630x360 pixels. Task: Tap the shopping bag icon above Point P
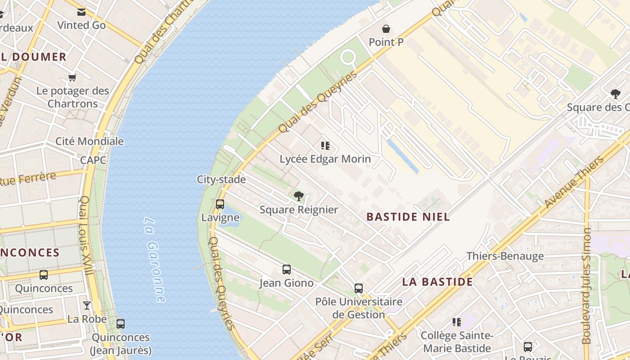386,29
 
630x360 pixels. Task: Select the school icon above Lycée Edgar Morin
325,146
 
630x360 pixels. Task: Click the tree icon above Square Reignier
298,196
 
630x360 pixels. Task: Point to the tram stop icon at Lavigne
220,204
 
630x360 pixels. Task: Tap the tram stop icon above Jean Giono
287,270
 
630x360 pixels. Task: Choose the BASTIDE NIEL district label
408,217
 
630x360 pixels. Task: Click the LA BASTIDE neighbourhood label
437,282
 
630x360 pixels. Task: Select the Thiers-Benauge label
505,256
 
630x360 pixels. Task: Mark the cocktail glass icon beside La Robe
87,306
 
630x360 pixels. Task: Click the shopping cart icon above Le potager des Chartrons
72,77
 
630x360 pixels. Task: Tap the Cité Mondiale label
90,141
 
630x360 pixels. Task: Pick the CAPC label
93,160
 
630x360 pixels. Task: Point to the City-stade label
221,180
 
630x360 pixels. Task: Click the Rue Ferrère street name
28,178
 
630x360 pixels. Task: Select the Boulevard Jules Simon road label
586,286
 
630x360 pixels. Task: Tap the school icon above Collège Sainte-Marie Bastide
457,322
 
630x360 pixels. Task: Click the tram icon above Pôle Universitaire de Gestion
359,288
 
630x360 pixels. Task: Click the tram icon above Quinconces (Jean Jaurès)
121,324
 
